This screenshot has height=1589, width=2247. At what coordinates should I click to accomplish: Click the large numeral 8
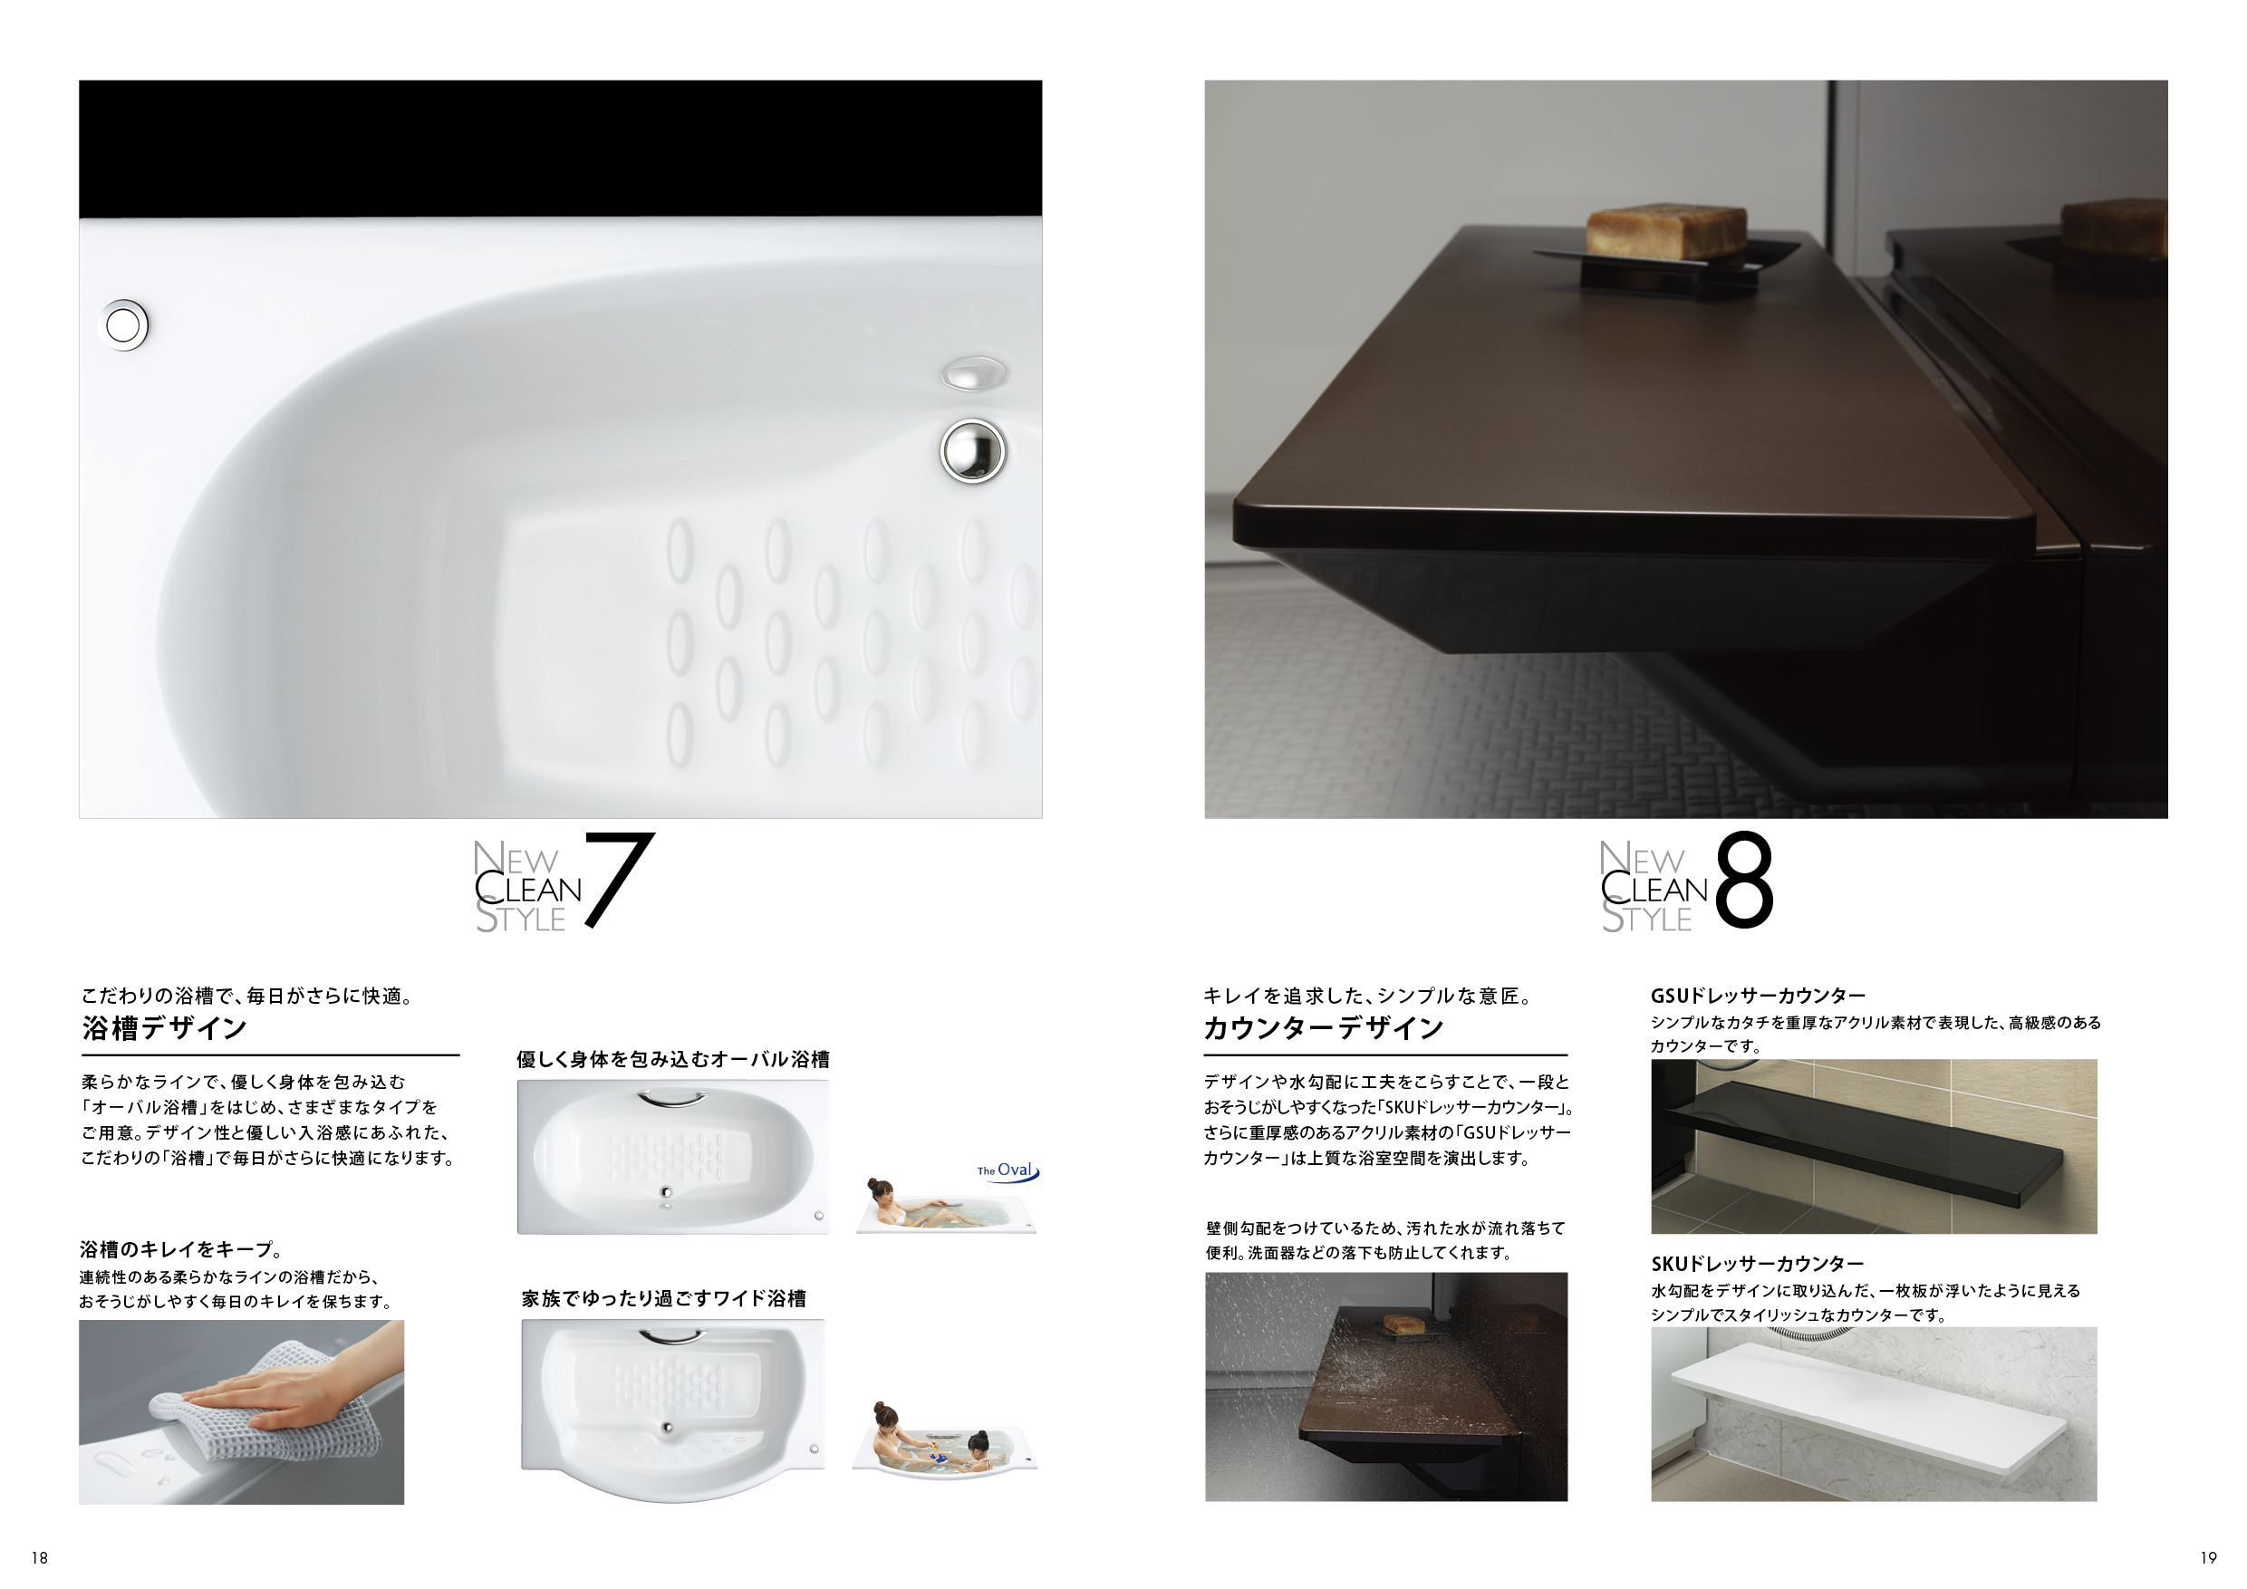1743,879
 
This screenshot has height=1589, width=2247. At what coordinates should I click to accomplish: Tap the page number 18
39,1557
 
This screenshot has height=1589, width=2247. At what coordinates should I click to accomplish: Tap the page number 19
2208,1557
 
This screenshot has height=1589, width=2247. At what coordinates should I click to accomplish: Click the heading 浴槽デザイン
164,1028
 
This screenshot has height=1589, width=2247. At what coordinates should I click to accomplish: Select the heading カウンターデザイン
1323,1028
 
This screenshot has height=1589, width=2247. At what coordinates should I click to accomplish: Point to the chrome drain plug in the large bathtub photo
973,451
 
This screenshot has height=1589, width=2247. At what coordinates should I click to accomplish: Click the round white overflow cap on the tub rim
123,325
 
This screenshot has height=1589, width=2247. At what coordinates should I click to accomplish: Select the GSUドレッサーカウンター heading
1758,996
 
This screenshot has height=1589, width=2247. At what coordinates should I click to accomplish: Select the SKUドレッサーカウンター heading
1758,1264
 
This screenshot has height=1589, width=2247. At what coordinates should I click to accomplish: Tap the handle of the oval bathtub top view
671,1101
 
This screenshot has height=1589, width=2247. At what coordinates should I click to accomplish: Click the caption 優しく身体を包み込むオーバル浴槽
673,1060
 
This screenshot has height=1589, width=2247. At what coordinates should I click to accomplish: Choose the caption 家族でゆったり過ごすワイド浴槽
663,1299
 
